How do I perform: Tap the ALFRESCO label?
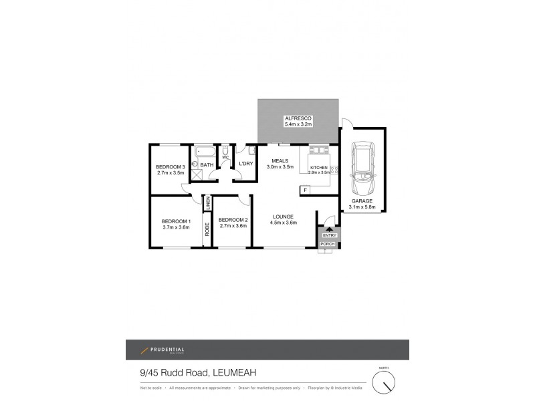coord(298,118)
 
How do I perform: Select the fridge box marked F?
coord(305,190)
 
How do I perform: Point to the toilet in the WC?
coord(226,151)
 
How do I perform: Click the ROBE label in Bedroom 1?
coord(208,229)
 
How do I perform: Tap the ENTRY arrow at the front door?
coord(328,229)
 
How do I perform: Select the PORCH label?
coord(328,244)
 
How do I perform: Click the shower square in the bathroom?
coord(197,174)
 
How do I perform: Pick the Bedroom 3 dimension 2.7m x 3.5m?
coord(170,173)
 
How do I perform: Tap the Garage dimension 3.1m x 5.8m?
coord(362,207)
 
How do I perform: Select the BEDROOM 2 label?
coord(233,220)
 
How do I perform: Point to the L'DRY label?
coord(245,164)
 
